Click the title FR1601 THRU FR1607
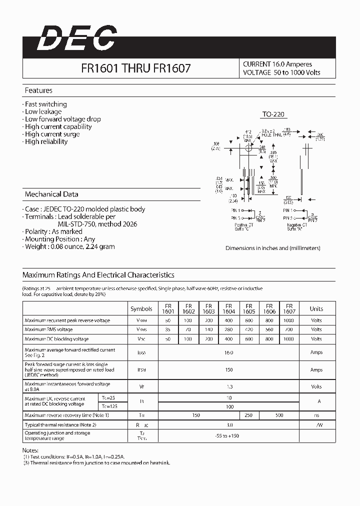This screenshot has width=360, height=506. click(x=135, y=68)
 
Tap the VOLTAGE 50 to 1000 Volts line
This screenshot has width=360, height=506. click(x=281, y=72)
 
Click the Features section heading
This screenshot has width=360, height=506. click(x=38, y=90)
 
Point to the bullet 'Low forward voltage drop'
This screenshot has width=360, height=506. click(x=62, y=119)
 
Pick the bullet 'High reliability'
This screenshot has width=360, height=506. click(x=46, y=141)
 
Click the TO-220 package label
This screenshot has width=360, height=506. click(x=273, y=114)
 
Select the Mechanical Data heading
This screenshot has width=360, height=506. click(x=51, y=194)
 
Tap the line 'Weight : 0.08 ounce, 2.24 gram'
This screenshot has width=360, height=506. click(x=69, y=246)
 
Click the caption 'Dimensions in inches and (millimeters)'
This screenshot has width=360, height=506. click(x=272, y=248)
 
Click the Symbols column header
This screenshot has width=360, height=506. click(x=141, y=308)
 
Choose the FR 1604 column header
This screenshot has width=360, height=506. click(x=229, y=308)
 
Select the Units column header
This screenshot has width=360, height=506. click(x=316, y=308)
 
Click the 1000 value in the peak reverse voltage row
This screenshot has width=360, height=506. click(x=289, y=320)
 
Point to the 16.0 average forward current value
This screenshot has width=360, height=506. click(x=228, y=352)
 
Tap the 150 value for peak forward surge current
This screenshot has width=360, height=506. click(x=228, y=370)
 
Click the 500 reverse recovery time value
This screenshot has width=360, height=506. click(x=279, y=415)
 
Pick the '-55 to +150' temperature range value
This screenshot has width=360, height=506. click(x=228, y=435)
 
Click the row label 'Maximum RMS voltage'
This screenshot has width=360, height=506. click(x=49, y=329)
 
